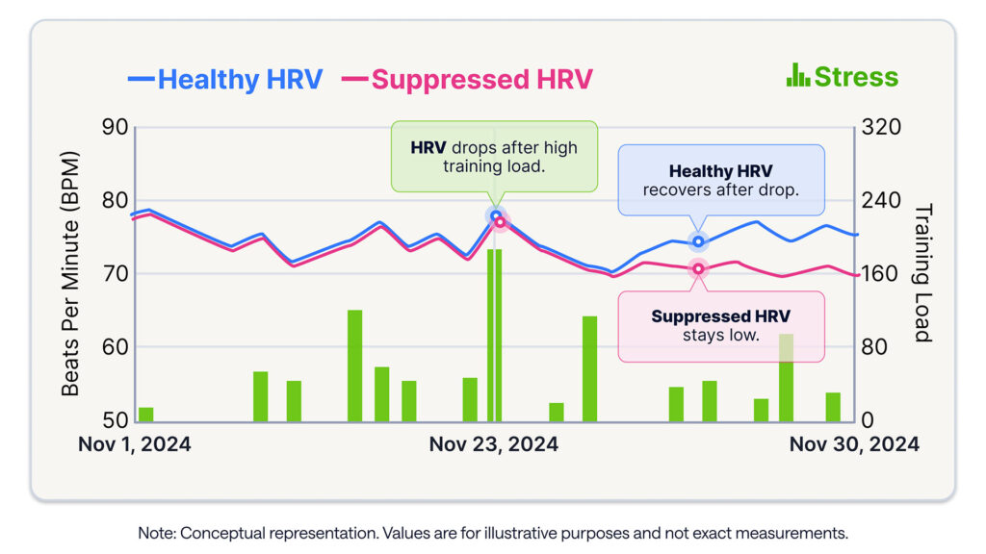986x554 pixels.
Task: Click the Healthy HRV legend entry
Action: [x=225, y=79]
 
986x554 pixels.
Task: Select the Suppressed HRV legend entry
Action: [x=468, y=79]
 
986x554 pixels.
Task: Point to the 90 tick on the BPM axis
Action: [x=116, y=128]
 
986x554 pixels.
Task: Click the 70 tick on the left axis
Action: [x=116, y=274]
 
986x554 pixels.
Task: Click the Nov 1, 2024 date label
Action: [x=134, y=444]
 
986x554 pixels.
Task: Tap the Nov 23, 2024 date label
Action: [x=493, y=444]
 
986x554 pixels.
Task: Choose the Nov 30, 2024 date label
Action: [x=854, y=444]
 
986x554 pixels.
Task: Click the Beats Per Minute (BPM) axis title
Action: [x=71, y=274]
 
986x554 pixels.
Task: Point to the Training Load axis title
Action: [x=923, y=274]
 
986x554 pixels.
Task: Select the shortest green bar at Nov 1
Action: [x=145, y=415]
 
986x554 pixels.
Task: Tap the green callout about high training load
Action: [x=493, y=157]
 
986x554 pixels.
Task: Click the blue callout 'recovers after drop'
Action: [x=720, y=180]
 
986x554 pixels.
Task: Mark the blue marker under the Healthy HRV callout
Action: [x=698, y=241]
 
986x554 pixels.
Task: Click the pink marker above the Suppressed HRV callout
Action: [x=698, y=268]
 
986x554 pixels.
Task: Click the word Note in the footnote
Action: [x=157, y=532]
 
